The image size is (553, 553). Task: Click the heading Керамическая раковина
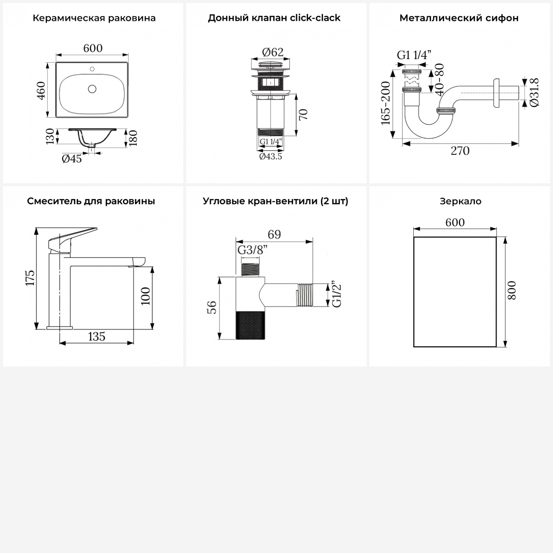tap(94, 18)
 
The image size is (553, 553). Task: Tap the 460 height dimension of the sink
tap(41, 90)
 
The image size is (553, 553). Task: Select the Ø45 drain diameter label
tap(72, 159)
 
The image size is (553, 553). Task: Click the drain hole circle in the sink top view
tap(92, 89)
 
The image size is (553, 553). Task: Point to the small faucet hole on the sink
tap(92, 69)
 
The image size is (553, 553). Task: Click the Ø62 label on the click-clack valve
tap(273, 52)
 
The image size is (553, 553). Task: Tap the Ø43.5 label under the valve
tap(271, 156)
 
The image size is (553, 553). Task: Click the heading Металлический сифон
tap(459, 18)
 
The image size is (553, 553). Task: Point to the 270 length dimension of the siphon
tap(460, 151)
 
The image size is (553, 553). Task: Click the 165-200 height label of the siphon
tap(386, 103)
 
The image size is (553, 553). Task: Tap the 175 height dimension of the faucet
tap(30, 278)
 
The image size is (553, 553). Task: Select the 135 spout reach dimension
tap(97, 337)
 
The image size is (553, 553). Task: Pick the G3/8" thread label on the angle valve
tap(253, 250)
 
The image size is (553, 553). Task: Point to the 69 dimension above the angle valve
tap(274, 234)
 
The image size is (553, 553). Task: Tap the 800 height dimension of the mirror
tap(512, 290)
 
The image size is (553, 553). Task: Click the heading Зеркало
tap(460, 201)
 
